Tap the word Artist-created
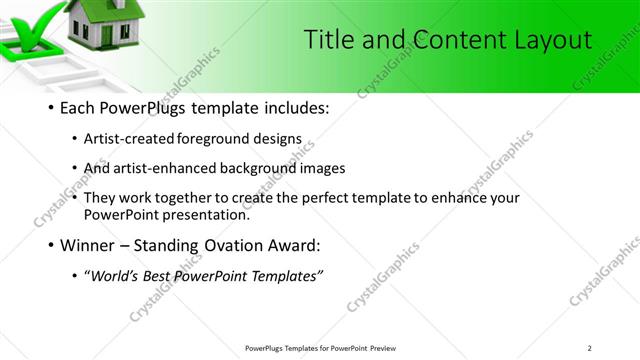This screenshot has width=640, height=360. [x=138, y=140]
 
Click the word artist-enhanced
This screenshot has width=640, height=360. [x=166, y=168]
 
